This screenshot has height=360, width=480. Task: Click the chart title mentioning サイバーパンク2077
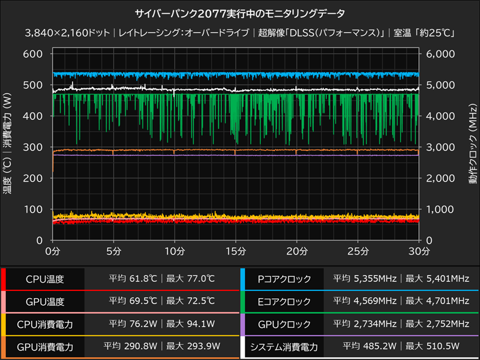tap(240, 13)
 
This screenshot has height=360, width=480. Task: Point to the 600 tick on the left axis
tap(33, 54)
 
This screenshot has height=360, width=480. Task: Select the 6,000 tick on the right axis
tap(440, 54)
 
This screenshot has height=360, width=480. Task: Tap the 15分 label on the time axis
tap(235, 250)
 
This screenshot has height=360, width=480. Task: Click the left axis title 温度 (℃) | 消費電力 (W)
tap(8, 147)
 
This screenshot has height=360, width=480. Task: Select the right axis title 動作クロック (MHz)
tap(472, 147)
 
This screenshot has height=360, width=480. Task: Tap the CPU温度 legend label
tap(45, 279)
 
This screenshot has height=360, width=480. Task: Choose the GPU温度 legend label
tap(45, 301)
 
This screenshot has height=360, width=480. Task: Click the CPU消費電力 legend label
tap(45, 324)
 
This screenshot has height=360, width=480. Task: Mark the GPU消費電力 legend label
tap(45, 346)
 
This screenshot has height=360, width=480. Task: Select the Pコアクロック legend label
tap(284, 279)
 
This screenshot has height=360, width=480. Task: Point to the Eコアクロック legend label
tap(284, 301)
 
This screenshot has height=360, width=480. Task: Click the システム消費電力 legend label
tap(284, 346)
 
